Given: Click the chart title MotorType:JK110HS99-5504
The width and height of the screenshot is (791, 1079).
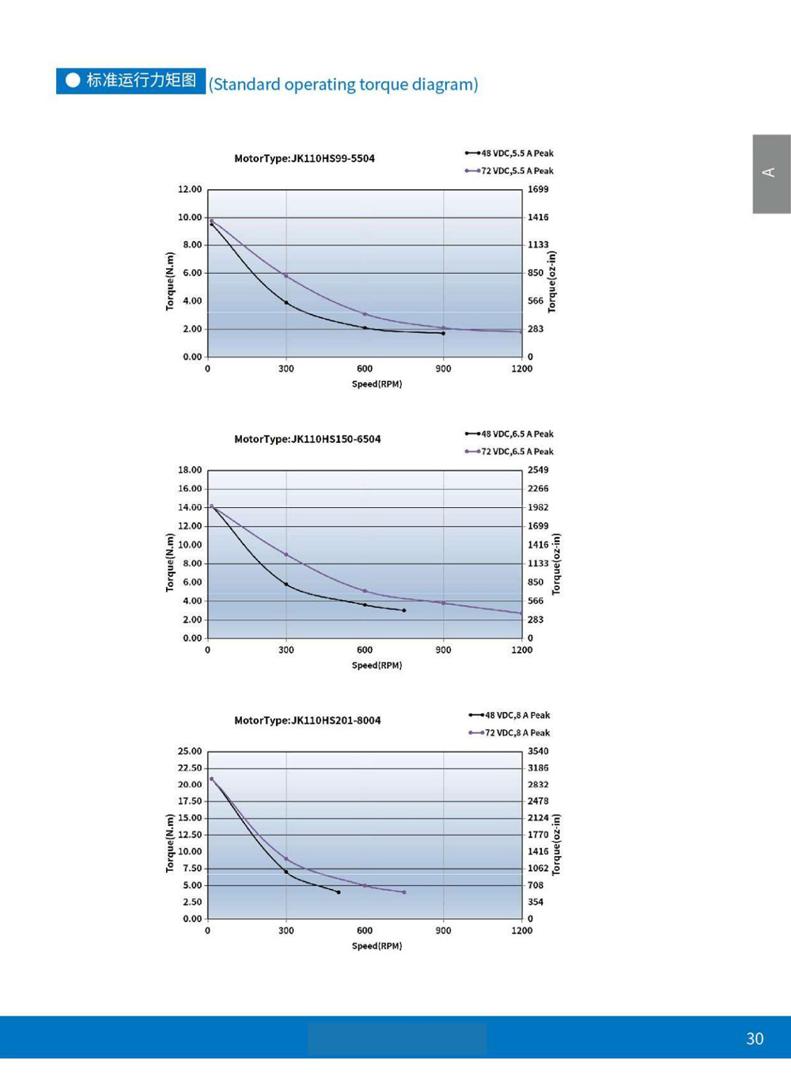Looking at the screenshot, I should point(305,158).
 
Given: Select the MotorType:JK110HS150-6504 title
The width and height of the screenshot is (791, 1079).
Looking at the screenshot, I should point(308,439).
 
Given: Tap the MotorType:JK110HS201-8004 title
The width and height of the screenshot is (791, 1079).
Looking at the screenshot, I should point(308,721).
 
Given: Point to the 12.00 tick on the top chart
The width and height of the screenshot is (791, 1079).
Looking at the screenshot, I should point(190,190).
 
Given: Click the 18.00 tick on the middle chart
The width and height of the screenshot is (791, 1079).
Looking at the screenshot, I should point(190,470).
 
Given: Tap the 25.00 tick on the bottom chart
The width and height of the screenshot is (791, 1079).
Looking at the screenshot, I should point(190,752).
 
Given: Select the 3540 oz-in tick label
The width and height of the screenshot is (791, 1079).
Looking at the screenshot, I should point(538,752).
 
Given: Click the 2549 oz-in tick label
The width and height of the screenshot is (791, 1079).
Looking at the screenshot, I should point(538,470).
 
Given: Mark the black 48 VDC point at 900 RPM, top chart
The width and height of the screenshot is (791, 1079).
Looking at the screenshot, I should point(443,334).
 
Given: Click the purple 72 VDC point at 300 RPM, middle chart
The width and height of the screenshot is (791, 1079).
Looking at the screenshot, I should point(286,555).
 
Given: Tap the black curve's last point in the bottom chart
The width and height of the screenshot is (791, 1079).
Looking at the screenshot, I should point(339,892).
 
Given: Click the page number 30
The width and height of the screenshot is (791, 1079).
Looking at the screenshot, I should point(755,1039).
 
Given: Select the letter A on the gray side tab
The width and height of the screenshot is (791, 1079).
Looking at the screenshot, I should point(768,172).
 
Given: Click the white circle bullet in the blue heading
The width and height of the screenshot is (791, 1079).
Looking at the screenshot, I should point(73,81).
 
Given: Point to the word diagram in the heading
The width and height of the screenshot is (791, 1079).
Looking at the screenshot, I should point(444,85).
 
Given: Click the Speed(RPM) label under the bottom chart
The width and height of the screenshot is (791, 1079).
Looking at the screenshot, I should point(377,946).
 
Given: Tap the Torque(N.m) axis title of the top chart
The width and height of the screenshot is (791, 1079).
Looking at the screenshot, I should point(169,281).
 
